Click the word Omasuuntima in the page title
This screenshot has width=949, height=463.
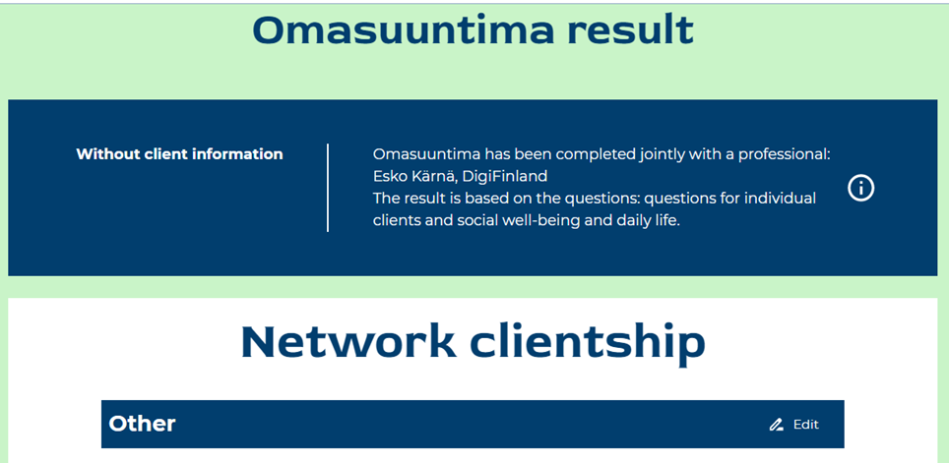(x=403, y=30)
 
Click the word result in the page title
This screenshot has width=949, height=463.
(x=631, y=30)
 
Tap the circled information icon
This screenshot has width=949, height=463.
(x=860, y=189)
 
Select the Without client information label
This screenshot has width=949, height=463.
(x=180, y=154)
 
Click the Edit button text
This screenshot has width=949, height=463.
(x=806, y=425)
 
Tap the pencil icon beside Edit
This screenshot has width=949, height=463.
(x=776, y=425)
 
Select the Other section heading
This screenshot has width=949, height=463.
(x=142, y=424)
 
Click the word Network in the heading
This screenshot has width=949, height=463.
(x=348, y=342)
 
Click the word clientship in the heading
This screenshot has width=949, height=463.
(x=588, y=343)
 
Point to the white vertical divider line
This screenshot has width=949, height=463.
(x=328, y=188)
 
